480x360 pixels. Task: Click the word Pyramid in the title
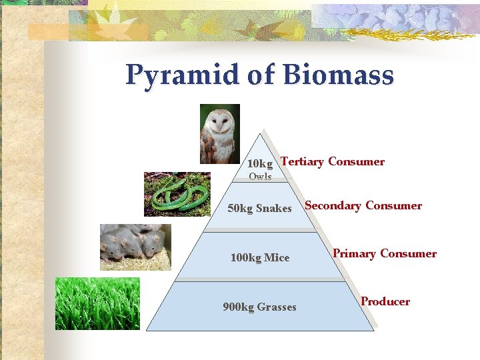click(182, 75)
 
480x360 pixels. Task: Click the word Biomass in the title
click(338, 75)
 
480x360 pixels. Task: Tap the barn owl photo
click(220, 134)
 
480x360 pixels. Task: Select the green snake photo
click(177, 194)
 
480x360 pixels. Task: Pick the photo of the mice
click(135, 247)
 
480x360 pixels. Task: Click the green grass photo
click(97, 303)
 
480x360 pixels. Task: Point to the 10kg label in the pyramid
click(260, 164)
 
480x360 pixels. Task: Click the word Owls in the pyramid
click(260, 177)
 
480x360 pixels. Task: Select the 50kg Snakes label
click(259, 209)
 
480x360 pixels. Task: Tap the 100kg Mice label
click(259, 257)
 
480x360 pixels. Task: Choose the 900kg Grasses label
click(259, 307)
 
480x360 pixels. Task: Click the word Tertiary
click(303, 161)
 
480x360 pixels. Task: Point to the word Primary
click(354, 253)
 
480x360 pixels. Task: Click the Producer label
click(385, 301)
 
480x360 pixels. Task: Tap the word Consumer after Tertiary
click(356, 161)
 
